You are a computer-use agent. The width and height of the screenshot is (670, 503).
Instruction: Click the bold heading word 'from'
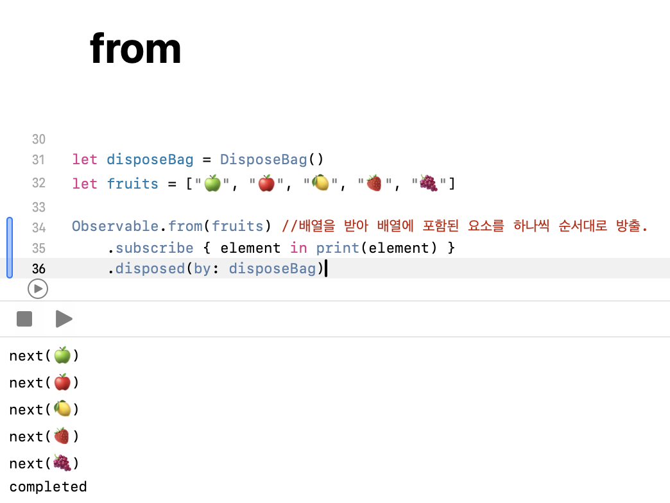[x=135, y=49]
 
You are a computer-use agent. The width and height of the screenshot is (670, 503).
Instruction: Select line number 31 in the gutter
[x=39, y=160]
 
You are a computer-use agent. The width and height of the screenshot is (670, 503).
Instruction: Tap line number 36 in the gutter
[x=39, y=269]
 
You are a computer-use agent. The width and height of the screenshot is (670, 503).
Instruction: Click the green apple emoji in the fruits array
[x=212, y=183]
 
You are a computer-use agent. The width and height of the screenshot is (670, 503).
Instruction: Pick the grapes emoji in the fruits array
[x=428, y=183]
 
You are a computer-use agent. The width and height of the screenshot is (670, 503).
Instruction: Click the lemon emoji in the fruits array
[x=320, y=183]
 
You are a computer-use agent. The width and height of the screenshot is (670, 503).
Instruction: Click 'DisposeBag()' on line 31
[x=272, y=160]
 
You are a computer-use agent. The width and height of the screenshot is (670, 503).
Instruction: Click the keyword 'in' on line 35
[x=298, y=248]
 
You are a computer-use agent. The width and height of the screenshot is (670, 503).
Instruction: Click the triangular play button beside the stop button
[x=64, y=319]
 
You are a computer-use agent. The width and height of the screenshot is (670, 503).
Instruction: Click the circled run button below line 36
[x=38, y=289]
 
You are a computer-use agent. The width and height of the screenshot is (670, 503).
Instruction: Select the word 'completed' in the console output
[x=48, y=487]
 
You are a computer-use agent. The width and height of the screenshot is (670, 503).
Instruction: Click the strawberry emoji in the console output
[x=62, y=436]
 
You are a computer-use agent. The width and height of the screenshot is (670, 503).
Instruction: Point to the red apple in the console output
[x=62, y=382]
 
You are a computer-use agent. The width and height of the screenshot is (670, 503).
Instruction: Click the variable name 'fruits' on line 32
[x=132, y=184]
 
